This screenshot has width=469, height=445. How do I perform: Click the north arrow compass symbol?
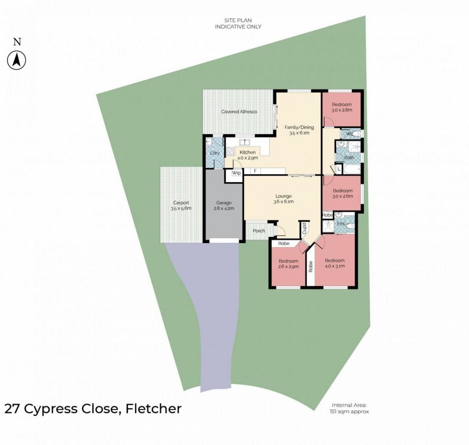(17, 60)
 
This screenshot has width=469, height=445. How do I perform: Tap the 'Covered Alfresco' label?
(239, 112)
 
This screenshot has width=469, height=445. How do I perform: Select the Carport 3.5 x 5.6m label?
(181, 206)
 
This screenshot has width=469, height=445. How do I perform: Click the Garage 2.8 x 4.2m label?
(224, 206)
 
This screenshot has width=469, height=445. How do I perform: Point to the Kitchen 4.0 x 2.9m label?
(247, 155)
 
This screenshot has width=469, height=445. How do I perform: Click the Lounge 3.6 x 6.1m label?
(283, 199)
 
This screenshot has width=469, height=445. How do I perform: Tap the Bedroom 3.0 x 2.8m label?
(342, 107)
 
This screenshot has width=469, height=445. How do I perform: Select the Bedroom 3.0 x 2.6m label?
(342, 194)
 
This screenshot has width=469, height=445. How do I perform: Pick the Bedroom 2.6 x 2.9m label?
(288, 264)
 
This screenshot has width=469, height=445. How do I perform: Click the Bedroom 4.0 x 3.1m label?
(334, 263)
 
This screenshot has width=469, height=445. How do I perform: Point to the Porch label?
(259, 231)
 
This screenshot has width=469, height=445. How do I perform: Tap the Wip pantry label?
(236, 174)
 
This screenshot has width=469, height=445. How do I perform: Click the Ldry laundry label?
(214, 153)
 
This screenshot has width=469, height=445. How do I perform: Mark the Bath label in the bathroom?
(349, 158)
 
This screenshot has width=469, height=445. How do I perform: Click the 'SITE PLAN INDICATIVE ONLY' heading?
(238, 24)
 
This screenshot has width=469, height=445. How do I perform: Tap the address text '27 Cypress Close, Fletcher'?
(93, 408)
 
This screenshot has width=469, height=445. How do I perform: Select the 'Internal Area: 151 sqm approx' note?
(349, 408)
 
